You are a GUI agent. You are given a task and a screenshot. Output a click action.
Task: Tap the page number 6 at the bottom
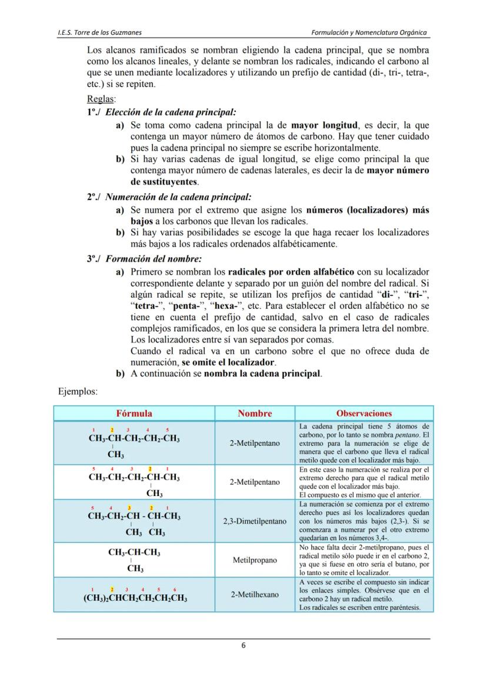pyautogui.click(x=243, y=644)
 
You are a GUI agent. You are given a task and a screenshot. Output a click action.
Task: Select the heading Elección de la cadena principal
pyautogui.click(x=171, y=111)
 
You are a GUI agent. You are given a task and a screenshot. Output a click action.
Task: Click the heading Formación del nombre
pyautogui.click(x=154, y=259)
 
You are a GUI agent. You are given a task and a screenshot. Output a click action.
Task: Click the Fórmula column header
pyautogui.click(x=134, y=413)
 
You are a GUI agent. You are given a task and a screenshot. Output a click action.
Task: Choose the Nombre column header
pyautogui.click(x=255, y=413)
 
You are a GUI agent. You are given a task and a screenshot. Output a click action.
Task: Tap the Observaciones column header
pyautogui.click(x=364, y=413)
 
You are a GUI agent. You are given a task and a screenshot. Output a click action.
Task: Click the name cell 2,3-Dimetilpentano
pyautogui.click(x=255, y=521)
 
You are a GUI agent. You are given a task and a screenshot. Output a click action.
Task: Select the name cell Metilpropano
pyautogui.click(x=255, y=560)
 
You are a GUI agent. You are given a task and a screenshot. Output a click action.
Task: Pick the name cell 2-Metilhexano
pyautogui.click(x=255, y=594)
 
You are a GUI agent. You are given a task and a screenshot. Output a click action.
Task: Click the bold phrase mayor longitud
pyautogui.click(x=325, y=125)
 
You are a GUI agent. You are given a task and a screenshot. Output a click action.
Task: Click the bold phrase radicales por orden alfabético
pyautogui.click(x=291, y=272)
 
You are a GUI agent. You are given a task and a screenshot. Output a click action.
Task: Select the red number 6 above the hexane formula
pyautogui.click(x=175, y=589)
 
